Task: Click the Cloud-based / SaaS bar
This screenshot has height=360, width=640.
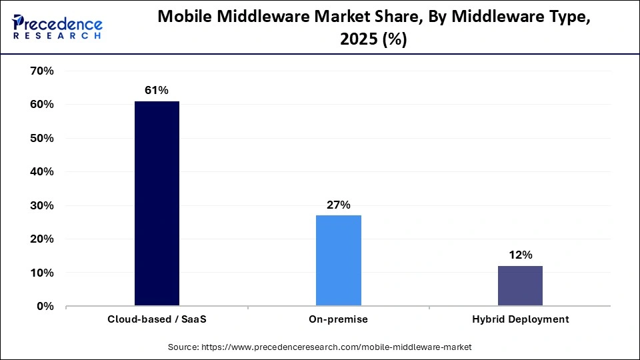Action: (x=157, y=203)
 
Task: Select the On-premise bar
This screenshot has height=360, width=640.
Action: (x=339, y=261)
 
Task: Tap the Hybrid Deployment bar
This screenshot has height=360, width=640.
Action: (x=520, y=286)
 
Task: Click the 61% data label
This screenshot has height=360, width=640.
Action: (x=157, y=90)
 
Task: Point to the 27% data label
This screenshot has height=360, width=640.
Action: (x=339, y=205)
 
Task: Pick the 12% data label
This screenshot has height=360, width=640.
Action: (x=520, y=255)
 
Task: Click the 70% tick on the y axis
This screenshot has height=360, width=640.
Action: (x=41, y=71)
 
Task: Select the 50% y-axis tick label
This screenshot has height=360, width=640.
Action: (x=41, y=138)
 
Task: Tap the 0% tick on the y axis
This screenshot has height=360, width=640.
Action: (x=44, y=307)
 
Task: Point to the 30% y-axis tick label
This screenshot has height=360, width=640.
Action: (x=41, y=205)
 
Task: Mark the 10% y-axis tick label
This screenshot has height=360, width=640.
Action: (x=41, y=273)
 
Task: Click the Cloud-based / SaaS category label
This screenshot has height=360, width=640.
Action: (x=157, y=319)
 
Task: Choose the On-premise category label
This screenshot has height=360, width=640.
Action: (x=339, y=319)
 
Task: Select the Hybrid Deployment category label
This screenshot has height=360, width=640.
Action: (x=520, y=319)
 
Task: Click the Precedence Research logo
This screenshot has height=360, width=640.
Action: (x=57, y=27)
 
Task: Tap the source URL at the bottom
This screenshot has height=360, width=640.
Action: (x=320, y=347)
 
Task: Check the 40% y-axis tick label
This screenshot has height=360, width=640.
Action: (x=41, y=171)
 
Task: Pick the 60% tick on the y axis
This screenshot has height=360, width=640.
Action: (x=41, y=105)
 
